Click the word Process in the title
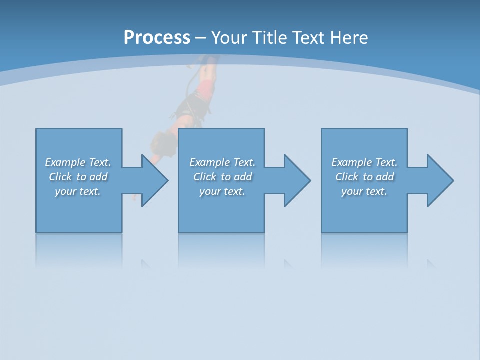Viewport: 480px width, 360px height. coord(157,38)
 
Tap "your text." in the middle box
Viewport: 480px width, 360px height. coord(222,191)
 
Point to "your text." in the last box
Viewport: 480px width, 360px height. coord(364,191)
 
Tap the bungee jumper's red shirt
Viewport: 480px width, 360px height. coord(206,88)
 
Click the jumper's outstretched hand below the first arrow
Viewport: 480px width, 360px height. coord(134,197)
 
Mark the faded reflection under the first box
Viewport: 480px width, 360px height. coord(79,250)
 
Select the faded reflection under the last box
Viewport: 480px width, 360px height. coord(364,250)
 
